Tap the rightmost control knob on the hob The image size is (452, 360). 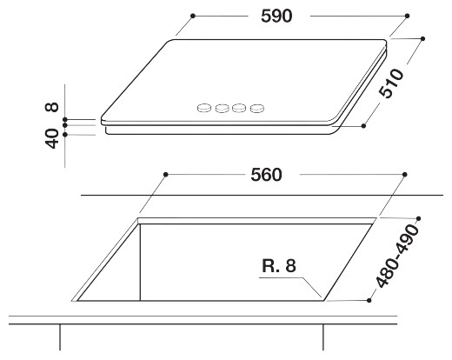(257, 109)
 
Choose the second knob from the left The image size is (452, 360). (223, 109)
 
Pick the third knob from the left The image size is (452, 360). (240, 109)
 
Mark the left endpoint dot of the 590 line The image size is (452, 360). (192, 16)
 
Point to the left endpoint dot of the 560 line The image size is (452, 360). (164, 175)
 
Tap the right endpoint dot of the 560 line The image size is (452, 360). (404, 175)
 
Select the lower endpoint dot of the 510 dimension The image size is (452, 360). (363, 126)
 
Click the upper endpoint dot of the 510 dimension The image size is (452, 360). (423, 39)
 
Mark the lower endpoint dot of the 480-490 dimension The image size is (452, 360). (370, 300)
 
